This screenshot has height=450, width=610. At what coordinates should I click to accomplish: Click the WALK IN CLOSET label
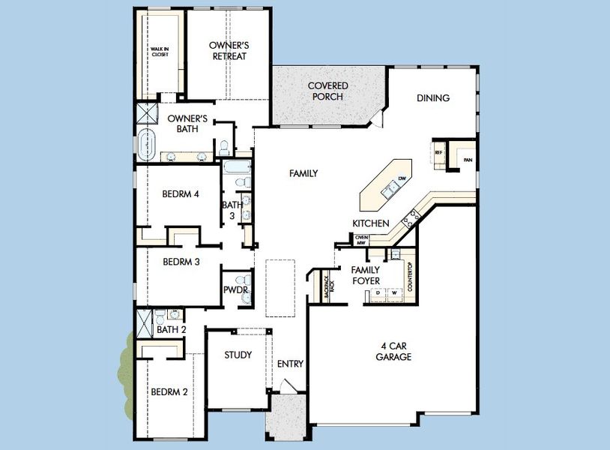(x=159, y=52)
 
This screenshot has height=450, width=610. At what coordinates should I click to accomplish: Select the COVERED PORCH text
(x=327, y=91)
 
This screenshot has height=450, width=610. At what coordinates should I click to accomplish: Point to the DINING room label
(x=433, y=98)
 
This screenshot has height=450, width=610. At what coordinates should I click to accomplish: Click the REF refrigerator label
(x=439, y=152)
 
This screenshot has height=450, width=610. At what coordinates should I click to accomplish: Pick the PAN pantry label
(x=468, y=160)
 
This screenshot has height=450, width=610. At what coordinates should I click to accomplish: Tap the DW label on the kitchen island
(x=402, y=178)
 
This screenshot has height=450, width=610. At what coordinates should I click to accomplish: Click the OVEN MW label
(x=360, y=239)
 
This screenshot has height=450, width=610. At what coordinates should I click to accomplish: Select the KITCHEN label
(x=371, y=223)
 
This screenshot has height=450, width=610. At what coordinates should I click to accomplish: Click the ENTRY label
(x=290, y=364)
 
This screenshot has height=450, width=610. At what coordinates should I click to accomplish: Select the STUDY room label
(x=238, y=355)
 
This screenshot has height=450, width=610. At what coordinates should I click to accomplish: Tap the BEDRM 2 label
(x=168, y=392)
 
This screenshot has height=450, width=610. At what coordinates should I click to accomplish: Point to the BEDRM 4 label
(x=180, y=193)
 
